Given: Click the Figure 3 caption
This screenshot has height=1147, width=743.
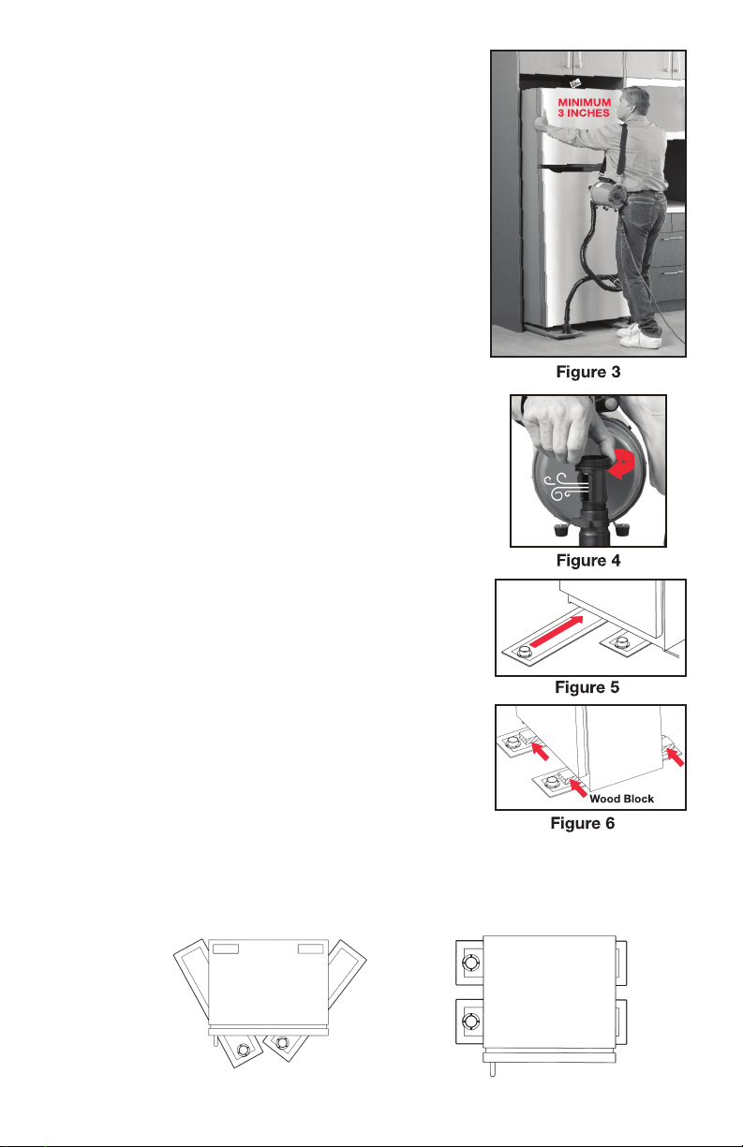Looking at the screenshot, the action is [x=588, y=372].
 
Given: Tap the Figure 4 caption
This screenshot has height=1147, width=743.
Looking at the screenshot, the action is [x=588, y=560].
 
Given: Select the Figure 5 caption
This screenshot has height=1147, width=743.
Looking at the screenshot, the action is [x=587, y=687].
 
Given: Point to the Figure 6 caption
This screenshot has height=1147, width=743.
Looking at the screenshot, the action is [x=583, y=823].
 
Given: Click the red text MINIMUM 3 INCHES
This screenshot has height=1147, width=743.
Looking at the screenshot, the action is [x=584, y=108].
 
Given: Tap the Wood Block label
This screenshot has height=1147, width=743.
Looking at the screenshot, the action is [x=621, y=799].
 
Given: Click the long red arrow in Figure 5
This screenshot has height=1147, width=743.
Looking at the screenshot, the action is [x=557, y=631].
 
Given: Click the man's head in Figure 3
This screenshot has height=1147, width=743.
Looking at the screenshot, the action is [x=635, y=102].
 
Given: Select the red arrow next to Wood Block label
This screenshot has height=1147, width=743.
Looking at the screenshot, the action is [x=578, y=788].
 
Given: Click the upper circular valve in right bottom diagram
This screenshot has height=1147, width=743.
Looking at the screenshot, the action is [x=470, y=963].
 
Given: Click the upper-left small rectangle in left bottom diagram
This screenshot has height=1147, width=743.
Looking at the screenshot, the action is [x=226, y=948].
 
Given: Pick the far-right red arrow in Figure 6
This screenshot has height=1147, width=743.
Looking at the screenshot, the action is [x=675, y=757].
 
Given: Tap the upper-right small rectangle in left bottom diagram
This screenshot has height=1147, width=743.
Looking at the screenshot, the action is [x=310, y=948].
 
